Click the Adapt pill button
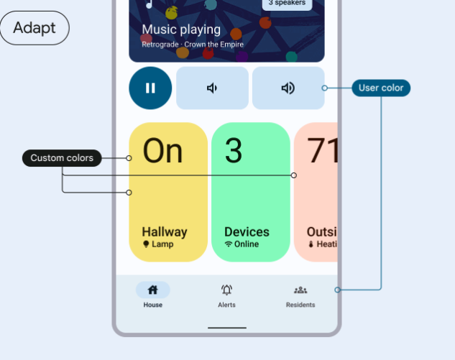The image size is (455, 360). (x=35, y=28)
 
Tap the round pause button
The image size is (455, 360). (x=150, y=88)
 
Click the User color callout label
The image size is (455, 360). (x=381, y=88)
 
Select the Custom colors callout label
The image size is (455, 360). (x=62, y=158)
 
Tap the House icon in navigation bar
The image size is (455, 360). (x=152, y=290)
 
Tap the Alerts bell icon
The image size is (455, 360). (x=227, y=290)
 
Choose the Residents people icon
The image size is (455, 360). (x=300, y=290)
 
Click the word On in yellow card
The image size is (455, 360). (x=162, y=152)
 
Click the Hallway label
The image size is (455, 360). (x=164, y=232)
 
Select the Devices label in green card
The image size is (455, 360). (x=247, y=232)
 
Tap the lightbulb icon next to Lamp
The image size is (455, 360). (x=146, y=244)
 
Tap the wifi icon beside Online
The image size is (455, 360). (x=229, y=244)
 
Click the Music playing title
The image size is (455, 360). (x=181, y=30)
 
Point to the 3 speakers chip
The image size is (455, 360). (x=287, y=3)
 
